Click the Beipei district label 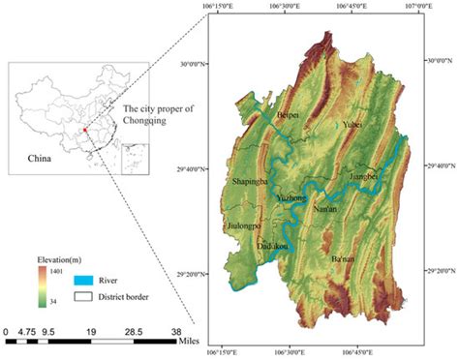[290, 115]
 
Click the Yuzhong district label [291, 197]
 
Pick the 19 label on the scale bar [90, 331]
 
